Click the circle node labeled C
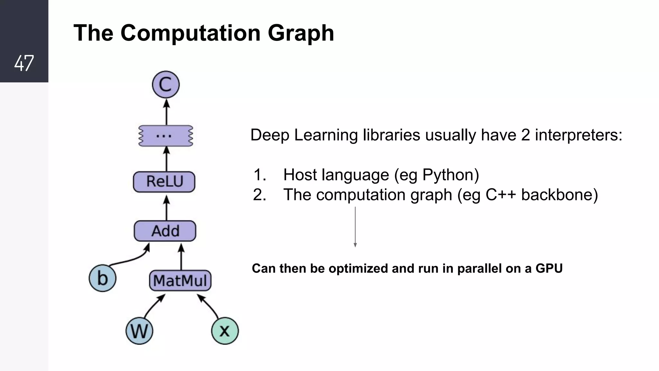point(166,85)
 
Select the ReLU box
point(164,182)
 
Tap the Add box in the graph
point(165,231)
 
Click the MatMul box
point(180,281)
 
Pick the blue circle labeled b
point(102,278)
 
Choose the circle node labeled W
point(139,331)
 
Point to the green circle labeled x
point(225,331)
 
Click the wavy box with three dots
point(166,136)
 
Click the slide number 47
point(24,63)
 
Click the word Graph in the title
point(301,33)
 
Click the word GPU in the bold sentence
point(549,269)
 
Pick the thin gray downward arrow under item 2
point(355,227)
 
